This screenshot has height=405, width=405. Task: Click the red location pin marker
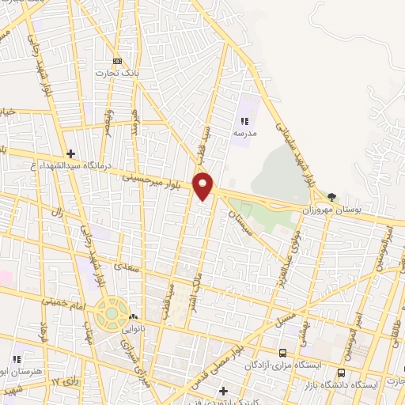coord(204,185)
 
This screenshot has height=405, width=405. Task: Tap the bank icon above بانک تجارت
coord(118,62)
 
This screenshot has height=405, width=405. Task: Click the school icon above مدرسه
coord(244,121)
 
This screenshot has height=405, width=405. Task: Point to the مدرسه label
coord(244,133)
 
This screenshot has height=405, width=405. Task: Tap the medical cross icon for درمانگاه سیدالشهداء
coord(70,153)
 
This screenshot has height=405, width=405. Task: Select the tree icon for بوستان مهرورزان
coord(331,196)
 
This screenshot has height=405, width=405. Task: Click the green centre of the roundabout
coord(112,313)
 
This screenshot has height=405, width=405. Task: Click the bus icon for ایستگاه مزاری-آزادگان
coord(283,353)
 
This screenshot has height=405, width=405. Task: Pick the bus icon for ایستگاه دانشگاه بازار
coord(342,373)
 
